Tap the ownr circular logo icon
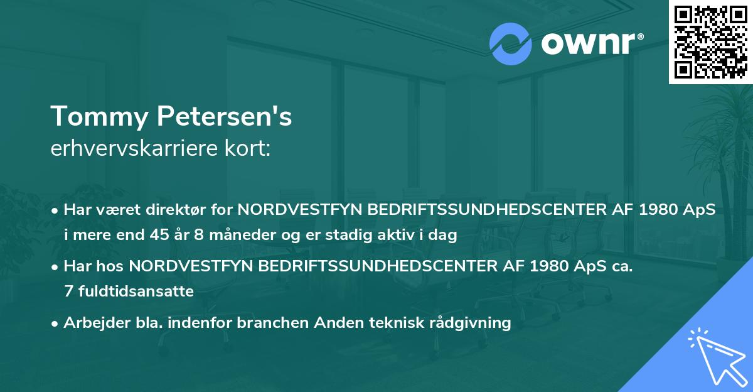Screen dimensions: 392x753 click(x=511, y=44)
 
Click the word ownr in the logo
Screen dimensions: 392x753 click(x=590, y=45)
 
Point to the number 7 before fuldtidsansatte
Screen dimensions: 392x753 click(x=68, y=291)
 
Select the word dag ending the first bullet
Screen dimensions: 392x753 click(x=444, y=236)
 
